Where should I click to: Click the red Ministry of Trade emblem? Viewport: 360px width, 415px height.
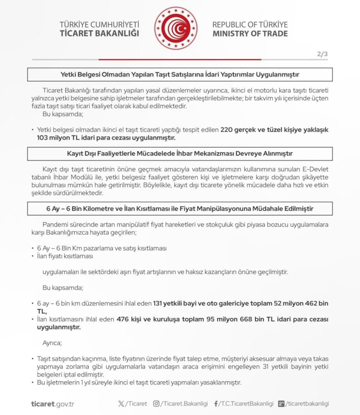point(175,28)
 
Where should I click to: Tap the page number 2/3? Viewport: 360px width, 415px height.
point(322,54)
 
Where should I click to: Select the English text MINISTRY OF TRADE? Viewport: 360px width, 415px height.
point(250,33)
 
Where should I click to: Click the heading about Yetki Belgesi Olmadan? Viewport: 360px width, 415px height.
point(180,74)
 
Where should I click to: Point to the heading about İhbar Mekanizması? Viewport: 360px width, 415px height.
point(180,154)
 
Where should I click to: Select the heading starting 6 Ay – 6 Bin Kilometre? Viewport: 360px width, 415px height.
point(180,209)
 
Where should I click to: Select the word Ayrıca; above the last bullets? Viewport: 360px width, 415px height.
point(52,343)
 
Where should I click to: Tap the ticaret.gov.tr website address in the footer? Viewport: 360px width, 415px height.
point(53,404)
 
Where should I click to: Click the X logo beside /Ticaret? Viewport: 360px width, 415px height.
point(121,404)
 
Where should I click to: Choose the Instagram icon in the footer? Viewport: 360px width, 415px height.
point(156,404)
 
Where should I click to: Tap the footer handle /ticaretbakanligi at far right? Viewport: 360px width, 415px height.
point(308,404)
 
